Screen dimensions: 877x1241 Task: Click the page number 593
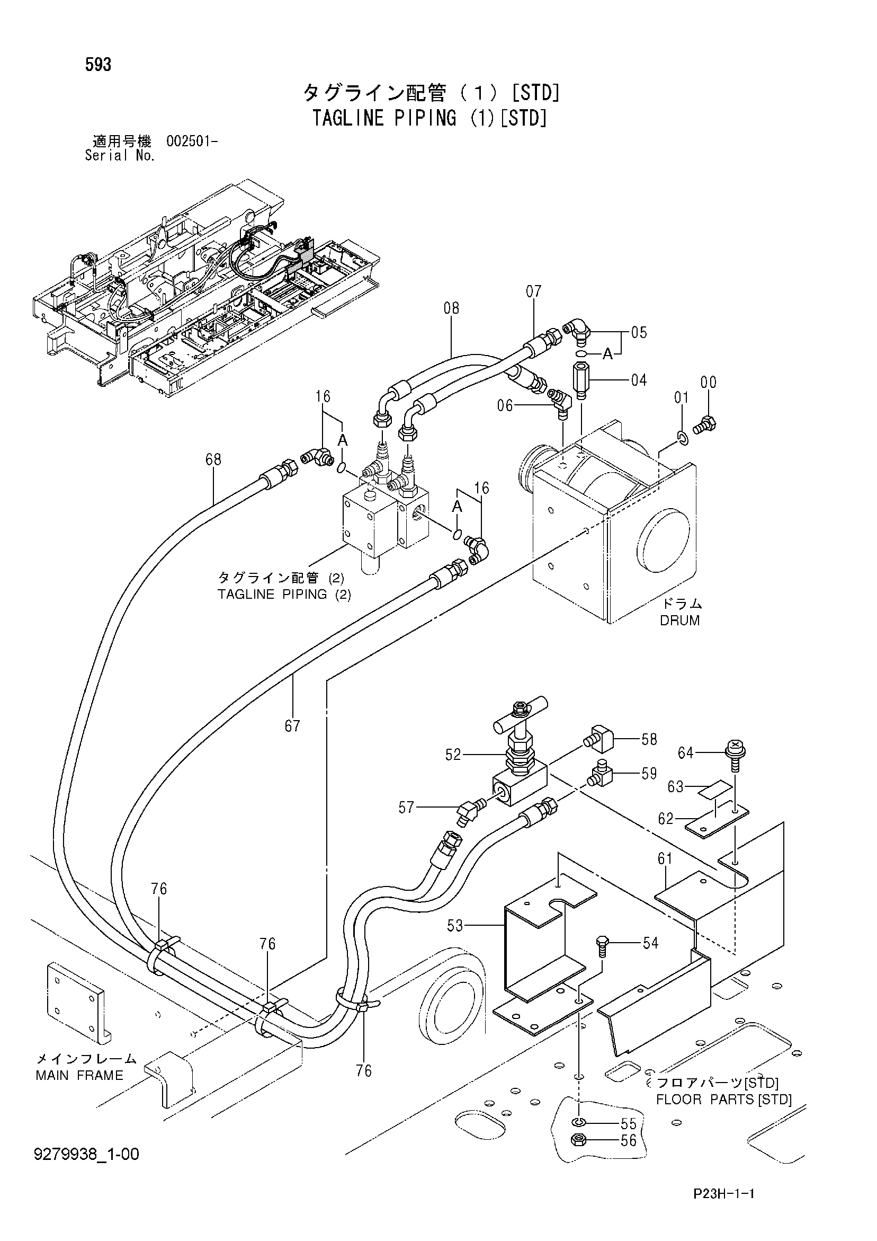point(98,65)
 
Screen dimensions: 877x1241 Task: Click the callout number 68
point(213,460)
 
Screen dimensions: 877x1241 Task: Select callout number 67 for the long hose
point(292,726)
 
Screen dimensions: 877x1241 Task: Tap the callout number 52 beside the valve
point(453,755)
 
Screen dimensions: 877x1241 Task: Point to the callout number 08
point(451,308)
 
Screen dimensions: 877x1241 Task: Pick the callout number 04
point(639,380)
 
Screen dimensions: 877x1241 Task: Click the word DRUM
point(680,620)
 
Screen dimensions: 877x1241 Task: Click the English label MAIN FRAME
point(79,1075)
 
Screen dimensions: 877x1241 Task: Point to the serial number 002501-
point(192,141)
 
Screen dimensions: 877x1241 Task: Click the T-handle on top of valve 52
point(520,712)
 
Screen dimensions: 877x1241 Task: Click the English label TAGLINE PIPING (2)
point(284,595)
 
